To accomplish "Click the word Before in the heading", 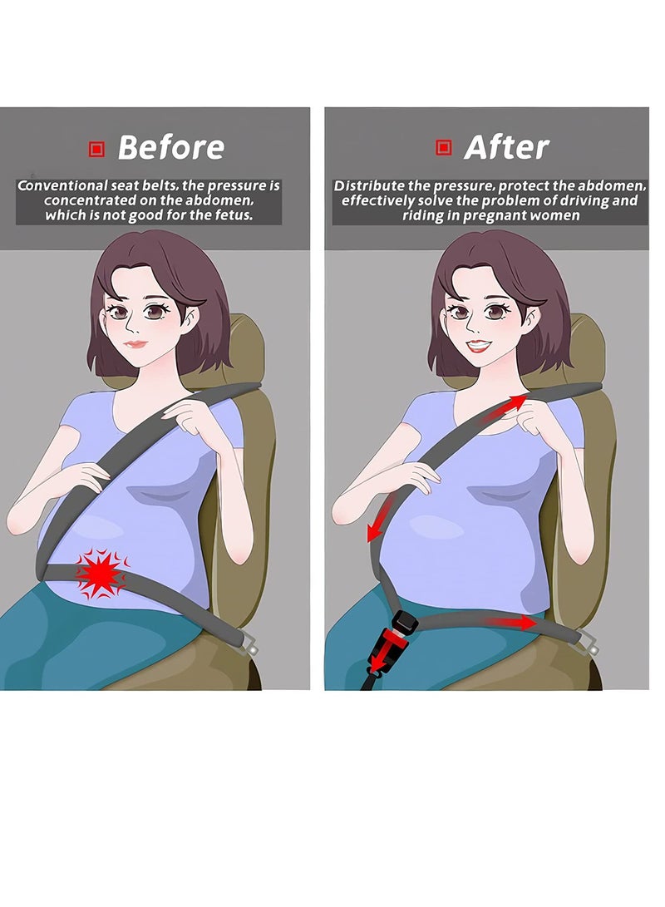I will [x=170, y=148].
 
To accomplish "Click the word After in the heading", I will [x=506, y=148].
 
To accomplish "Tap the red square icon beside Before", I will [x=96, y=149].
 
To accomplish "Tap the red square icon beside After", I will [x=444, y=149].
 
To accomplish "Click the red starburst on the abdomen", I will [x=101, y=573].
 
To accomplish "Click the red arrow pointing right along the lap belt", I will [x=510, y=621].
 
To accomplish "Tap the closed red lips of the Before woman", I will [x=136, y=343].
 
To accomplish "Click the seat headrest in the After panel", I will [x=586, y=349].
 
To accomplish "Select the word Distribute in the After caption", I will [x=370, y=186].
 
